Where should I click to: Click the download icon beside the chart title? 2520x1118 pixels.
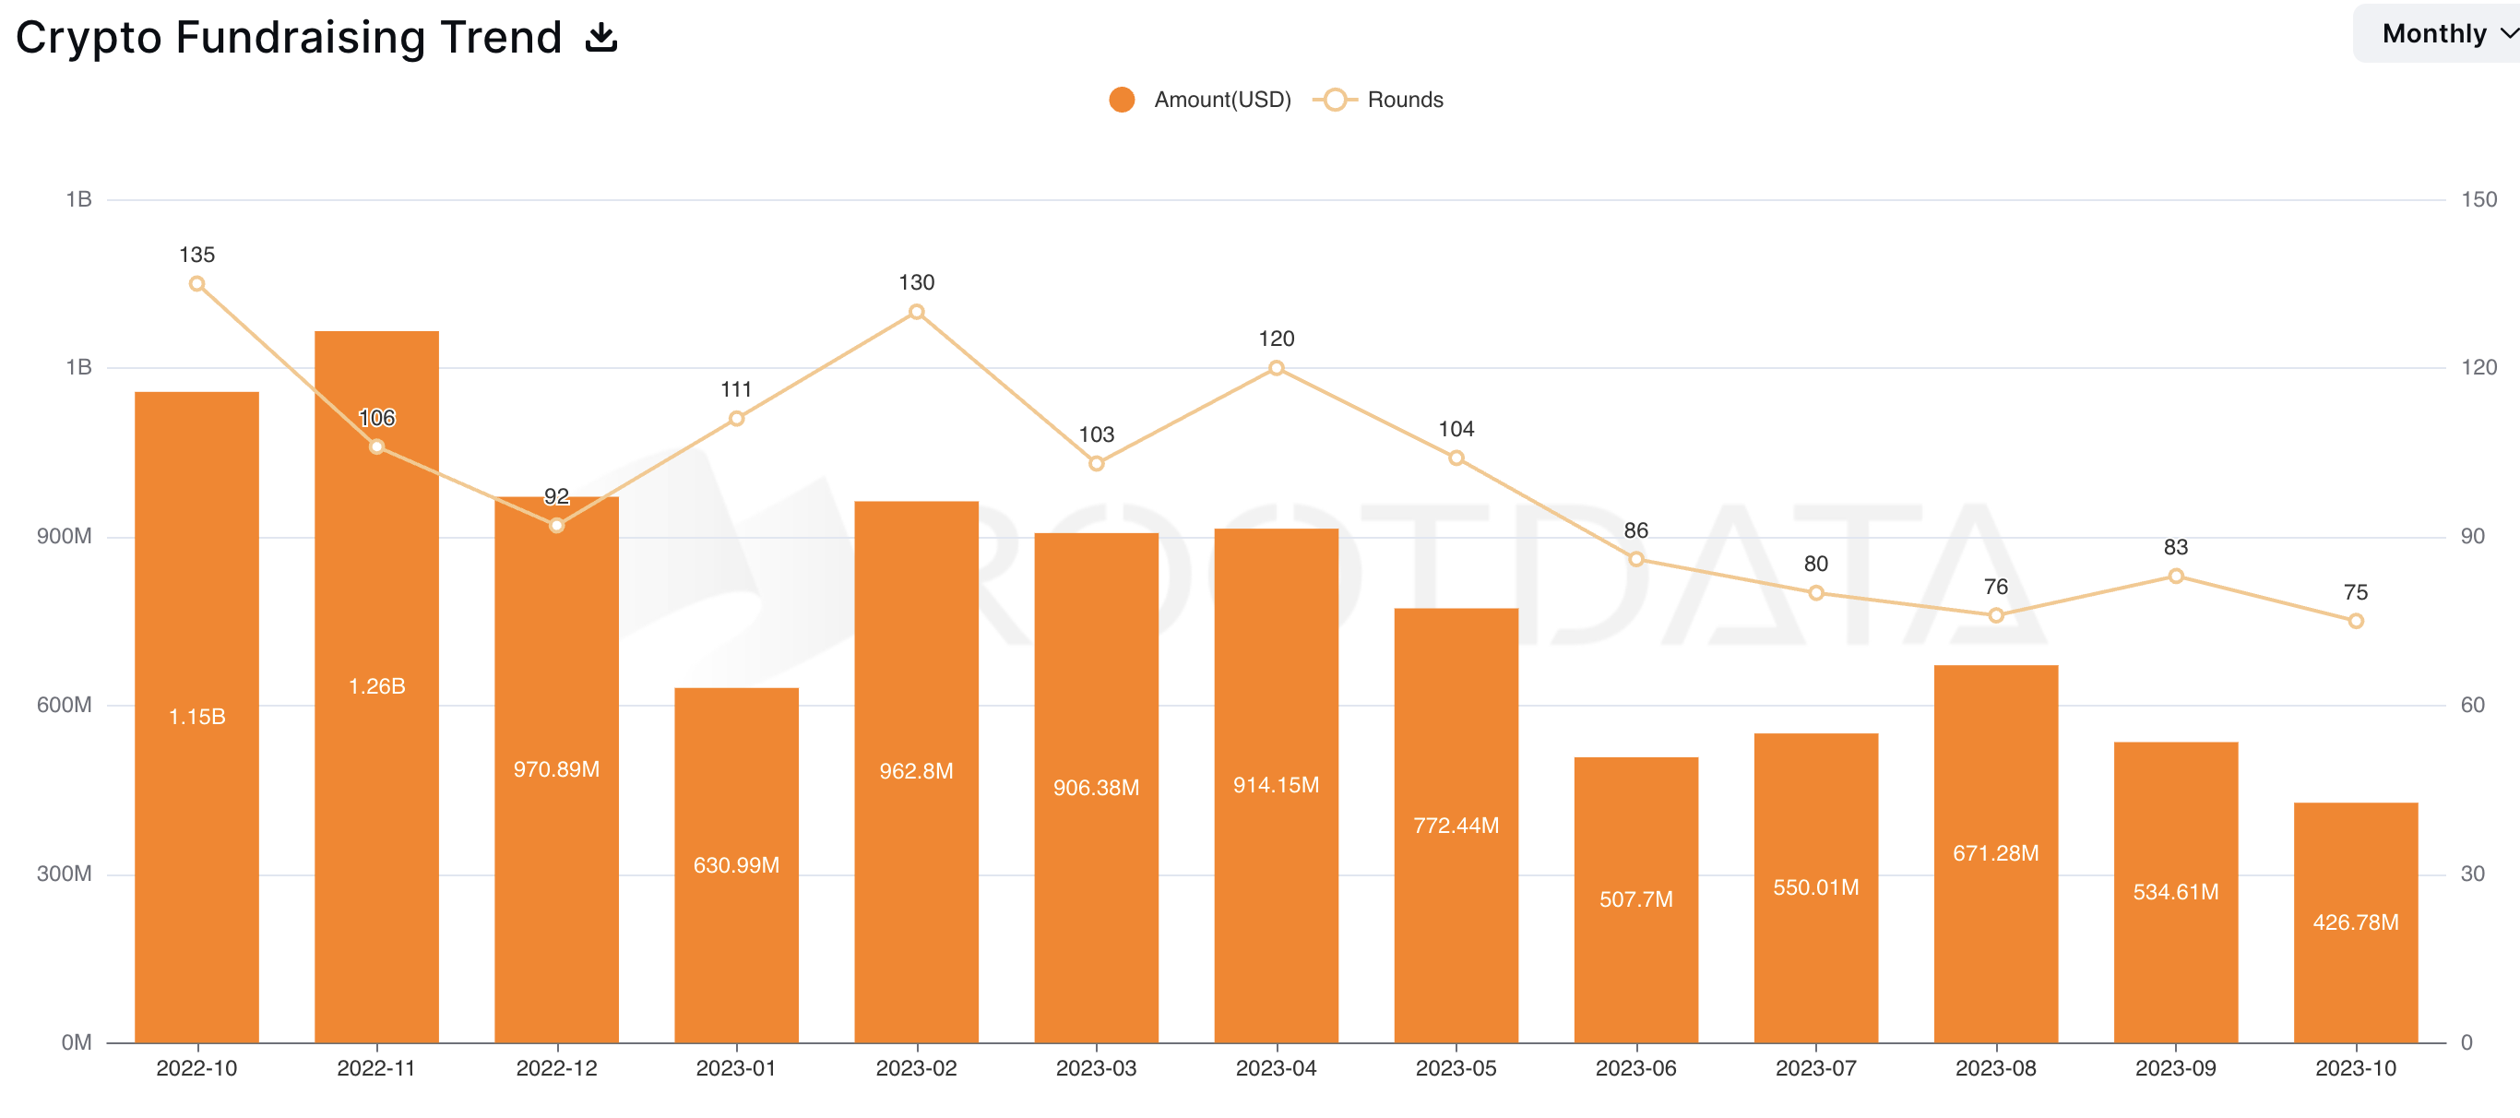[600, 38]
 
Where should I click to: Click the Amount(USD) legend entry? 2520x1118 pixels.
[1200, 100]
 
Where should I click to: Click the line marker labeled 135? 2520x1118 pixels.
[196, 284]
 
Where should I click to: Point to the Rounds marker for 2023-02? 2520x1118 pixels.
[917, 312]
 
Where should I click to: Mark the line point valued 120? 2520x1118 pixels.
[1276, 368]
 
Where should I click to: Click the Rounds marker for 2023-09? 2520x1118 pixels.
[2176, 577]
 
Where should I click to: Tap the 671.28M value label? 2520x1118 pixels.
[1996, 853]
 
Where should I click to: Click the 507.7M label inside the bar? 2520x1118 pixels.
[1635, 898]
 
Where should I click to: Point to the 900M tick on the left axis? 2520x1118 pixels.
[65, 536]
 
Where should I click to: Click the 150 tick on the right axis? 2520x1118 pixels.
[2478, 199]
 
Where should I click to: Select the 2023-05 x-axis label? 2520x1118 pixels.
[1456, 1068]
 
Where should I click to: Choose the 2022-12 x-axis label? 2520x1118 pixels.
[556, 1068]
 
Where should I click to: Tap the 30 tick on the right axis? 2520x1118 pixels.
[2472, 874]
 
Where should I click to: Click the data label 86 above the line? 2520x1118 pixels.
[1635, 530]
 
